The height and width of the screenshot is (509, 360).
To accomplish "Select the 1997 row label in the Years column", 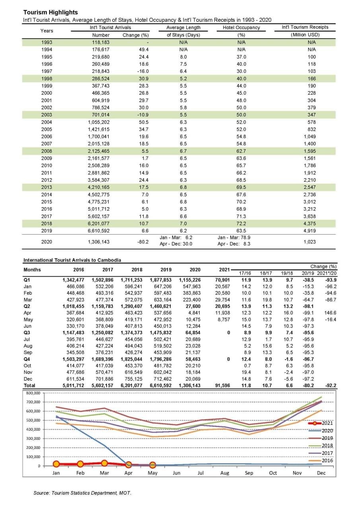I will pos(47,71).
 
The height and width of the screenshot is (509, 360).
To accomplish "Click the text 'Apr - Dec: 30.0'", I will pos(175,244).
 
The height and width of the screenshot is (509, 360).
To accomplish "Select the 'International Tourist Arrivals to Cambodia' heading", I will pos(72,260).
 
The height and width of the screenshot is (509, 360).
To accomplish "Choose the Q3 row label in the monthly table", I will pos(27,333).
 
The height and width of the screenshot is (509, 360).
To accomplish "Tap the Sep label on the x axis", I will pos(249,473).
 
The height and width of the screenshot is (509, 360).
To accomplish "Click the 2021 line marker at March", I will pos(104,463).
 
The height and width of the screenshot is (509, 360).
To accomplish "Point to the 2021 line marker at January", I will pos(56,464).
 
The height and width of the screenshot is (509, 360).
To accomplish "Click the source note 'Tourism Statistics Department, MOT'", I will pos(82,493).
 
